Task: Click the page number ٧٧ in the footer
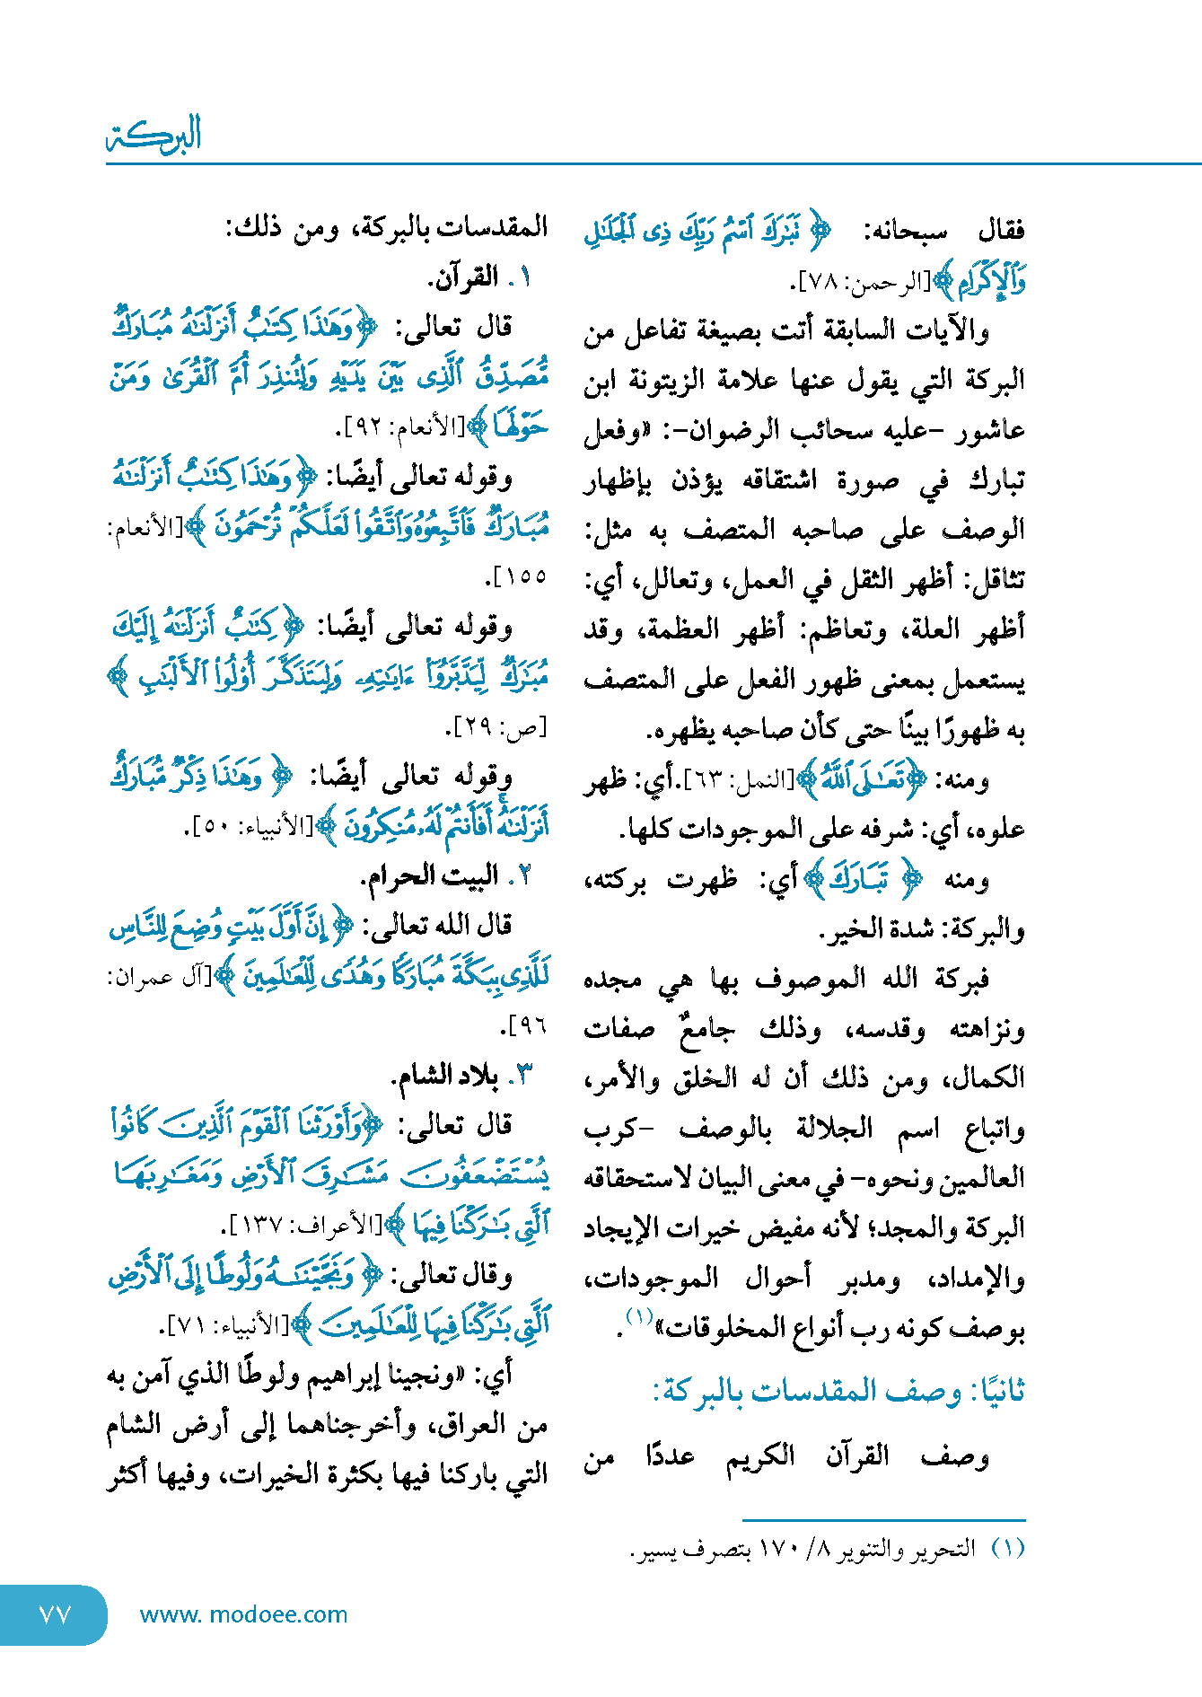[x=55, y=1614]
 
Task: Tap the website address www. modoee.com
[x=243, y=1614]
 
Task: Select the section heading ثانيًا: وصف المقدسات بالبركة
[x=838, y=1393]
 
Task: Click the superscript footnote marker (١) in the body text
[x=638, y=1317]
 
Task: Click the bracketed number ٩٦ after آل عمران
[x=524, y=1024]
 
